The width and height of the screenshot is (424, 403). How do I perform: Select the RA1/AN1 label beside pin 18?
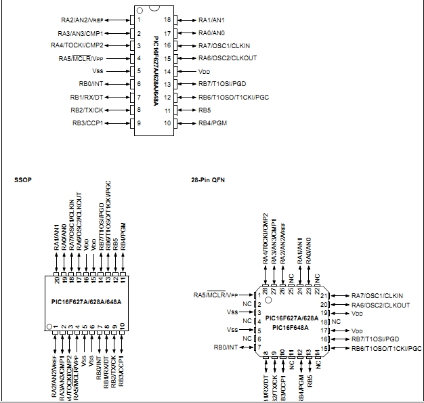pos(212,20)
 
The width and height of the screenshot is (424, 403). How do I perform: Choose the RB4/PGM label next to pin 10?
pos(213,123)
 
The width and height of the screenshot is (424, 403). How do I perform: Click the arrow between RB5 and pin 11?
pos(186,110)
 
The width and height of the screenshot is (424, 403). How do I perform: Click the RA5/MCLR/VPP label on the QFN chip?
pos(215,295)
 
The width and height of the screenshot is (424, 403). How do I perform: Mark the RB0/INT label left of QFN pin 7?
pos(226,347)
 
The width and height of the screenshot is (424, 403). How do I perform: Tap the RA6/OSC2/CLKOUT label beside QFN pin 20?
pos(380,305)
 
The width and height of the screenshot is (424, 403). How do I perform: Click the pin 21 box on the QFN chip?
pos(325,296)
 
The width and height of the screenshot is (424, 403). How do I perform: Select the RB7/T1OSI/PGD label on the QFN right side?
pos(375,339)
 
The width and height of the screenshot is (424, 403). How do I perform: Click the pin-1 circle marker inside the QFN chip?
pos(268,299)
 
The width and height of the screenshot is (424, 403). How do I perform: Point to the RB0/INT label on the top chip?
pos(93,84)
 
